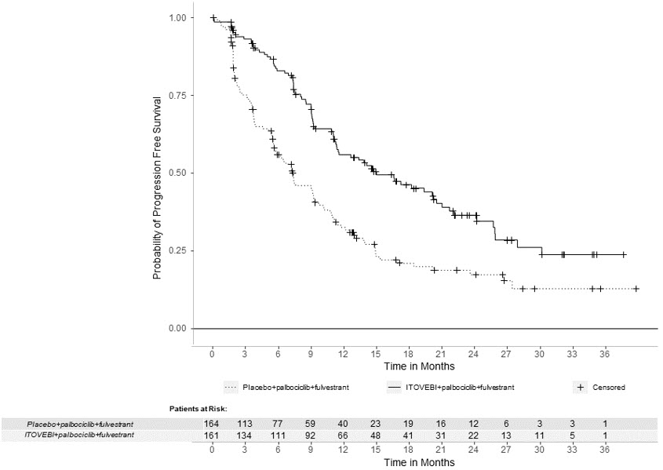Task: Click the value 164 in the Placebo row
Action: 212,424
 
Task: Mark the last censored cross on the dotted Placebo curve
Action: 636,289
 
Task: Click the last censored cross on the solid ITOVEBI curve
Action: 624,254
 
